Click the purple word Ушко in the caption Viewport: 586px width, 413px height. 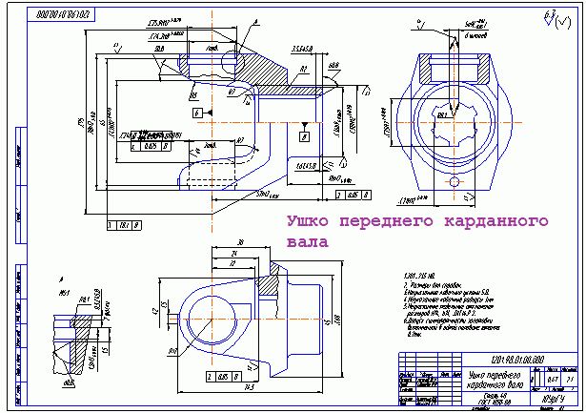click(309, 222)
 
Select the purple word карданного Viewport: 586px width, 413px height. click(496, 222)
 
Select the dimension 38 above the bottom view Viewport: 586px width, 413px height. click(215, 241)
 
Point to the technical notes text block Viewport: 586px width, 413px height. click(438, 304)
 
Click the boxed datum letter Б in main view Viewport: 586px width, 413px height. click(196, 112)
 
